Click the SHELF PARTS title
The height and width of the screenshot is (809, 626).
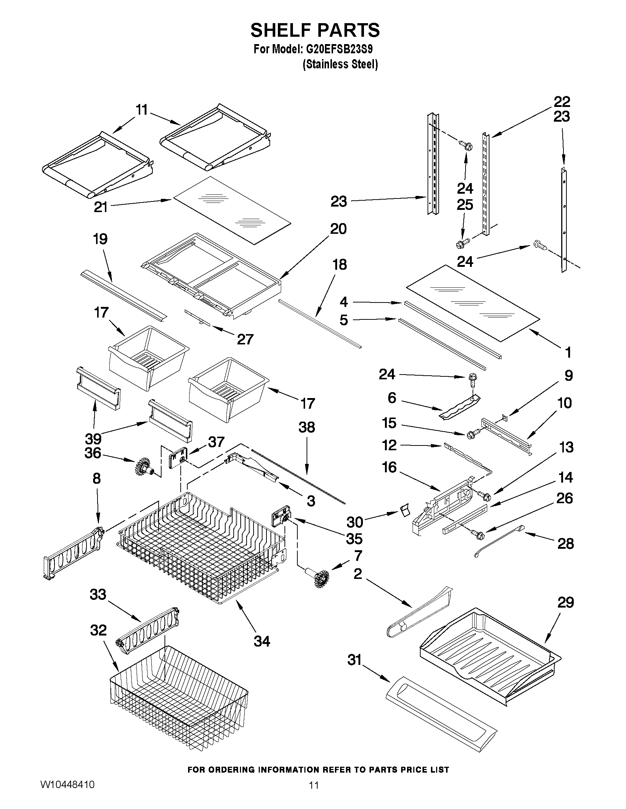[315, 30]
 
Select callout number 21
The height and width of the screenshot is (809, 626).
[100, 207]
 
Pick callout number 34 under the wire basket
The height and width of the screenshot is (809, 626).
[262, 640]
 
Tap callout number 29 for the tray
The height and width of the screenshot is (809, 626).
[566, 602]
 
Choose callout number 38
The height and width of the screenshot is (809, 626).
[307, 427]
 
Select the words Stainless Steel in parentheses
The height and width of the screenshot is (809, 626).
[340, 64]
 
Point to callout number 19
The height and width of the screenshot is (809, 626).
[100, 239]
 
